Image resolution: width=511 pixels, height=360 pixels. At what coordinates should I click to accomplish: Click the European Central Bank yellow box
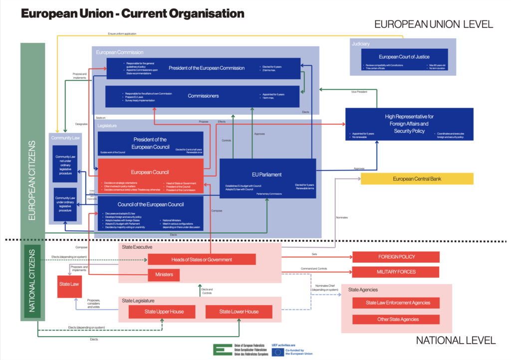417,179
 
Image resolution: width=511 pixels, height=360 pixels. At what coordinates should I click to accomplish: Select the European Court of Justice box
404,61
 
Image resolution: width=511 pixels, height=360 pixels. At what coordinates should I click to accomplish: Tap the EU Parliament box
267,178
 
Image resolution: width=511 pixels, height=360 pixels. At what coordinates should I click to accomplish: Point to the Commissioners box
203,96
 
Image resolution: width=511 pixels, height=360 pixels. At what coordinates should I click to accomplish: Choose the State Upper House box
164,312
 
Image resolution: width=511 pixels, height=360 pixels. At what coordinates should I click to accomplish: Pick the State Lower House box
239,312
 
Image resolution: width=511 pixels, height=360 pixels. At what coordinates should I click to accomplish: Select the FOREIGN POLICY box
396,257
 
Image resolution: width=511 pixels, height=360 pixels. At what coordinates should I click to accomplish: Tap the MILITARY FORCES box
396,272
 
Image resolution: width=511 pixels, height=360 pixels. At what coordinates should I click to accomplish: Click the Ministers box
164,275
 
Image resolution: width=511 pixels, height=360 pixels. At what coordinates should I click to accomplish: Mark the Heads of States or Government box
202,259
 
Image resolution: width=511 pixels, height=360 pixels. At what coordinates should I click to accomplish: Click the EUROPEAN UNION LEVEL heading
433,24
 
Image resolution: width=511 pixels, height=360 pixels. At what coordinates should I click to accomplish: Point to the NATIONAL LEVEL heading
456,340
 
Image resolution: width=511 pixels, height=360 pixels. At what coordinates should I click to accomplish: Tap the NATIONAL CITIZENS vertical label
32,281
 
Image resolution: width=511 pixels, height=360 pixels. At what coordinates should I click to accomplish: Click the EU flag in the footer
278,352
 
